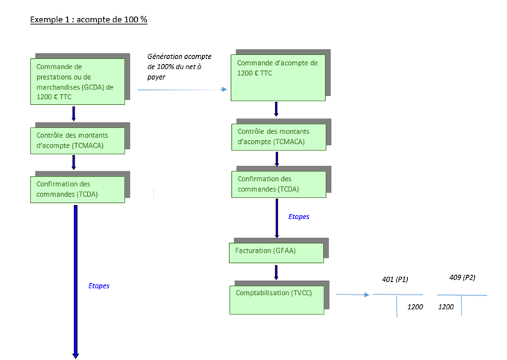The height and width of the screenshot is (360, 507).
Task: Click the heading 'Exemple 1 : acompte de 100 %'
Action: pos(89,19)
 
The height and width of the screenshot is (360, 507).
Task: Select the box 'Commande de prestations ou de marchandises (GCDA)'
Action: pos(78,81)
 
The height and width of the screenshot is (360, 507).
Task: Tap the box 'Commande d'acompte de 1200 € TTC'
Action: pos(278,78)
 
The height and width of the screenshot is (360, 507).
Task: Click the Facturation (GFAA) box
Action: pos(276,253)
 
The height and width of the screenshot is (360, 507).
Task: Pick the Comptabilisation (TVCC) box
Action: pos(277,300)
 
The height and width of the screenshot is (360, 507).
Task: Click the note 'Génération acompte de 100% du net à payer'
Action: pos(179,66)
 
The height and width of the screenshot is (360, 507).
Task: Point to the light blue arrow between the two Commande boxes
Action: pos(183,89)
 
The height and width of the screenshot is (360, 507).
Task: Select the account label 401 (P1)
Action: pos(395,280)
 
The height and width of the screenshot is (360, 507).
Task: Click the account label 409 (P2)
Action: pos(462,277)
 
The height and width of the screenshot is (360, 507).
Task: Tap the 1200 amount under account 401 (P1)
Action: pos(415,306)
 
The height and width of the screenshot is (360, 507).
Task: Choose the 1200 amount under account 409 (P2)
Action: pos(446,306)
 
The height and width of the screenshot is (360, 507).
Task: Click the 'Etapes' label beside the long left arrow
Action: pos(99,286)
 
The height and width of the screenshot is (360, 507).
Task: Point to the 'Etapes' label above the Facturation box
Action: pos(299,217)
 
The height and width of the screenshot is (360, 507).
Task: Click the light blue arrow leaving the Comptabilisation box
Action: pos(353,294)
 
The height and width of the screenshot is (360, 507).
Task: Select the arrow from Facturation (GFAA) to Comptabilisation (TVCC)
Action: pos(276,273)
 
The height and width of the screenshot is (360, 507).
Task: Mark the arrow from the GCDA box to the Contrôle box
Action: pos(74,114)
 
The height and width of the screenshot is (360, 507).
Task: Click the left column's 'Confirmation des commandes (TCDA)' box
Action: pos(78,189)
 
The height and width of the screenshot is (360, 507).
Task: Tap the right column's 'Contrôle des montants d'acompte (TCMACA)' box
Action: pos(279,137)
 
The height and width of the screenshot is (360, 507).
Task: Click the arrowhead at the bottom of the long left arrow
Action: pos(75,356)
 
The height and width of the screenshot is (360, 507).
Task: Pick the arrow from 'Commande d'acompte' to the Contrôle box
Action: pos(276,110)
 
